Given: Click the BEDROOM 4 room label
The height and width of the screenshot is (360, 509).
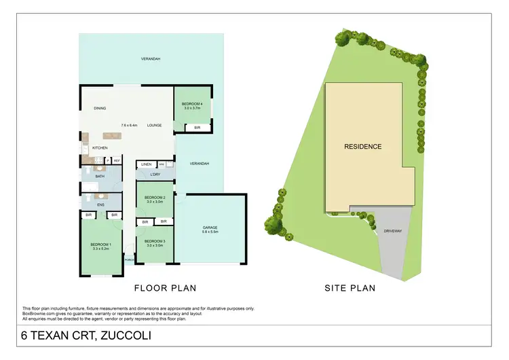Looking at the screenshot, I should pos(192,103).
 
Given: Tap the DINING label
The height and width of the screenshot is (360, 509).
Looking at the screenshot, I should pos(100,109).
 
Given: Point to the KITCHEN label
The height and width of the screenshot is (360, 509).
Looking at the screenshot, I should pos(100,148).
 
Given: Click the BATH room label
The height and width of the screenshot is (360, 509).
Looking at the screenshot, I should pos(100,176).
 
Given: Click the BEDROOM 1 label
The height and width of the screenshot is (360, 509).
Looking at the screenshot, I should pos(101,245).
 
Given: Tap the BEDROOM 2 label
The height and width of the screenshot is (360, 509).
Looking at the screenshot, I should pos(154,198).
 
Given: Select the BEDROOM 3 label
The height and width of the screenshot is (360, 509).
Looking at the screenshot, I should pos(154,241).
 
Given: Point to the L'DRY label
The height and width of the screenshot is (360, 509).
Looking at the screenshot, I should pos(155,175).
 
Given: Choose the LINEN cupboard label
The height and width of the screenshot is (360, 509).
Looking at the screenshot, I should pos(146,164).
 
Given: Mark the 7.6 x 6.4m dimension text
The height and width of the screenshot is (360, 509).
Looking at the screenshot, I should pos(129,125).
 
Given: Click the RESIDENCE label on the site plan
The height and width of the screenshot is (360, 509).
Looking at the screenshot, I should pos(362,147).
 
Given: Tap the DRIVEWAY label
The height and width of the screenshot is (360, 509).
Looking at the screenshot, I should pos(393,231).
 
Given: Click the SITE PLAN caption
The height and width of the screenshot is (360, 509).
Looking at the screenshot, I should pos(350,288).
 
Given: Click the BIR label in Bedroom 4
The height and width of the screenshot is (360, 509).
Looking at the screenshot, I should pos(197,127).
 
